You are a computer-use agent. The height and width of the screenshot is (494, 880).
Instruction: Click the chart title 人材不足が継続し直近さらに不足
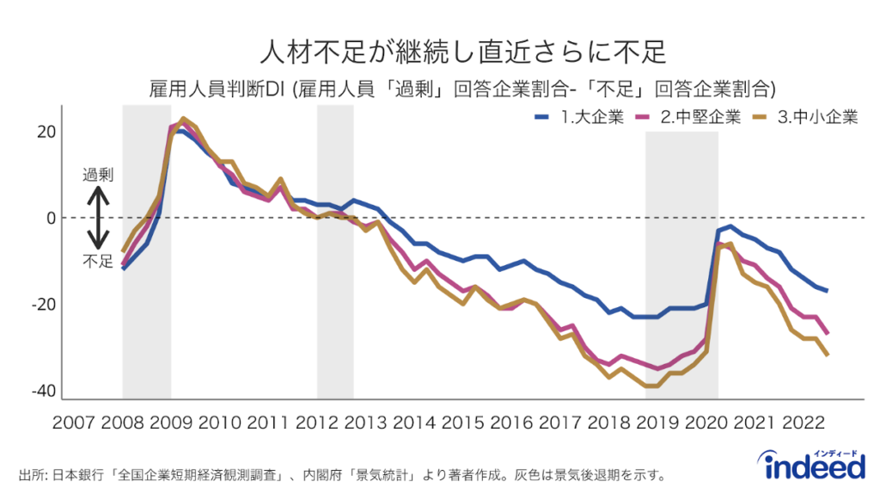463,51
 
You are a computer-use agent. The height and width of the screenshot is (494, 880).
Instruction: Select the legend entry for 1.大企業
578,118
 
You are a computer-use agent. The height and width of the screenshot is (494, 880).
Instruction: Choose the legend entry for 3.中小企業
805,118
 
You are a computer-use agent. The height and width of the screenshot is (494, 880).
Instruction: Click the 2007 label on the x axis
74,423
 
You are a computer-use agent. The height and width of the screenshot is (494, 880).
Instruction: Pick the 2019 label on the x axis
657,423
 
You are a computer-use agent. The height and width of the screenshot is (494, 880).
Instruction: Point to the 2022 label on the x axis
803,423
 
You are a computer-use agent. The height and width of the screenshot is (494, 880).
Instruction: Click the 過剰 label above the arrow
98,174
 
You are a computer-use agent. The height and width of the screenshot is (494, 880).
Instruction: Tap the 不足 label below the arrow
98,261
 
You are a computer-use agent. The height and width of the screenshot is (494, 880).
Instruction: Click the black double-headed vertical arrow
98,218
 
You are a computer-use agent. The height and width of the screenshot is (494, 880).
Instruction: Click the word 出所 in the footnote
31,474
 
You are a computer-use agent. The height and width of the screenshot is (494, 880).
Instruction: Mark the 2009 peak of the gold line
184,118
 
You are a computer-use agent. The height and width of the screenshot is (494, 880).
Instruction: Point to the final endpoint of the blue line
827,291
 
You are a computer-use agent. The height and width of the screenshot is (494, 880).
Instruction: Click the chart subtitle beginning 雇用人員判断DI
463,89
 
